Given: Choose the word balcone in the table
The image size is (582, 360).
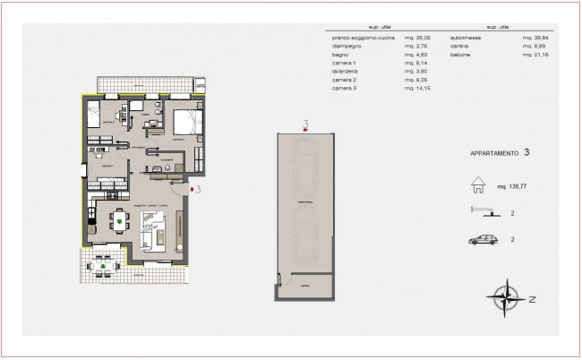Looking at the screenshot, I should [x=462, y=56].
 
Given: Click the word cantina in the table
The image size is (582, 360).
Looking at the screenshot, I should [x=462, y=48].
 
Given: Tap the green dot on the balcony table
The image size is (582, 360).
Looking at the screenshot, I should [x=105, y=266].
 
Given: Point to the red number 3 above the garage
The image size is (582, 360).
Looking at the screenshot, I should [x=306, y=123].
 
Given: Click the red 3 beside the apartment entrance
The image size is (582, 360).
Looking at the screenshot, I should [x=197, y=189].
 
